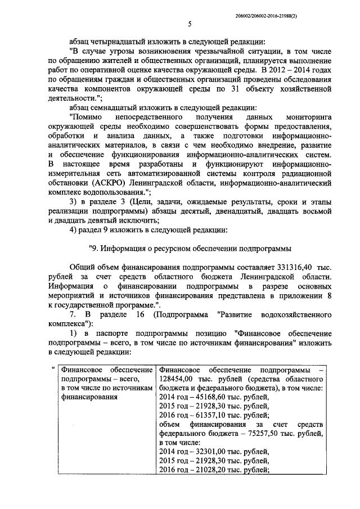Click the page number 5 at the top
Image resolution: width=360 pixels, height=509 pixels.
(190, 24)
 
